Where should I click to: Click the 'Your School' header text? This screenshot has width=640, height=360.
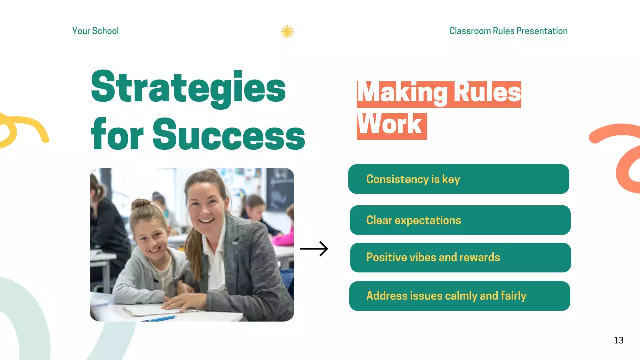point(95,31)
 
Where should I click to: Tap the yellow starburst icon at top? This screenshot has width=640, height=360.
point(287,32)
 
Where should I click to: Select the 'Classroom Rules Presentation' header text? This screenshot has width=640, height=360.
point(508,31)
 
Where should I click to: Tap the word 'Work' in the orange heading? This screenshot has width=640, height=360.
point(390,124)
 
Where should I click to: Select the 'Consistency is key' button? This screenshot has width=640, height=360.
point(458,179)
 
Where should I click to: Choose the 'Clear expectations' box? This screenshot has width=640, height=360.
point(460,220)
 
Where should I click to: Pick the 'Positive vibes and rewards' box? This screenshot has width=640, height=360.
point(460,258)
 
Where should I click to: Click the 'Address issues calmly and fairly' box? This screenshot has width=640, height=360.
point(459,296)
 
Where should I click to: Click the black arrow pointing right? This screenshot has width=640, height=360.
point(314,249)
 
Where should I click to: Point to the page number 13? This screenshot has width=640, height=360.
point(619,340)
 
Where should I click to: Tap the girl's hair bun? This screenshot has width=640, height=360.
point(141,205)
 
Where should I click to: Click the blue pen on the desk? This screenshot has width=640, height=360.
point(161,318)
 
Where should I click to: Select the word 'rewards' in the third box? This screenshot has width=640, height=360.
point(480,258)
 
